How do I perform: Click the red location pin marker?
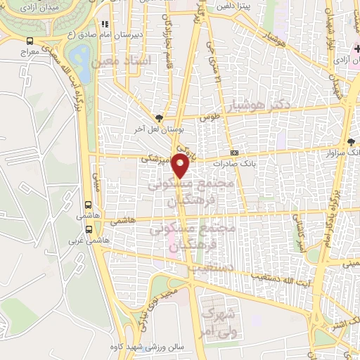pos(181,167)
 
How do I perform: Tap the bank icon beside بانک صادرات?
pos(233,153)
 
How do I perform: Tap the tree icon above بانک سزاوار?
pos(351,142)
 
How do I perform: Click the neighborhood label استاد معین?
pos(127,63)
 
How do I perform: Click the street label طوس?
pos(205,119)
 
